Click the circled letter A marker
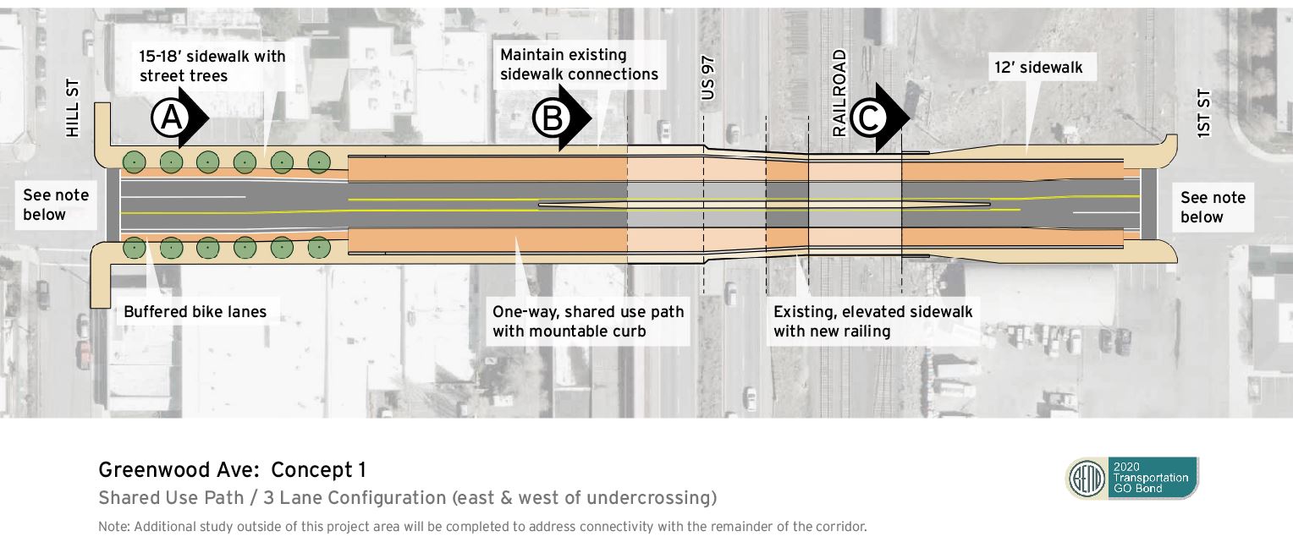[x=170, y=119]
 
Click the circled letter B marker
[x=551, y=119]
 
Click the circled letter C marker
[x=867, y=119]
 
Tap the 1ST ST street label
[x=1205, y=112]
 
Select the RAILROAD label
[x=839, y=93]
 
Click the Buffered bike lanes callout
[x=195, y=312]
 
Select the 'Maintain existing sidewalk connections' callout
[x=579, y=65]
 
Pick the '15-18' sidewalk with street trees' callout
[x=212, y=67]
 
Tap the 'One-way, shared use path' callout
[x=588, y=321]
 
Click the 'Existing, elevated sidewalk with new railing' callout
[x=872, y=321]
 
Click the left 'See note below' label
[x=56, y=205]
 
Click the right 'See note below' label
[x=1213, y=207]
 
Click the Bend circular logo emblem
[x=1086, y=479]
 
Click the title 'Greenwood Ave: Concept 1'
[x=233, y=470]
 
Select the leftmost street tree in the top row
[x=134, y=161]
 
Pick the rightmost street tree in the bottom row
[x=318, y=248]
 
